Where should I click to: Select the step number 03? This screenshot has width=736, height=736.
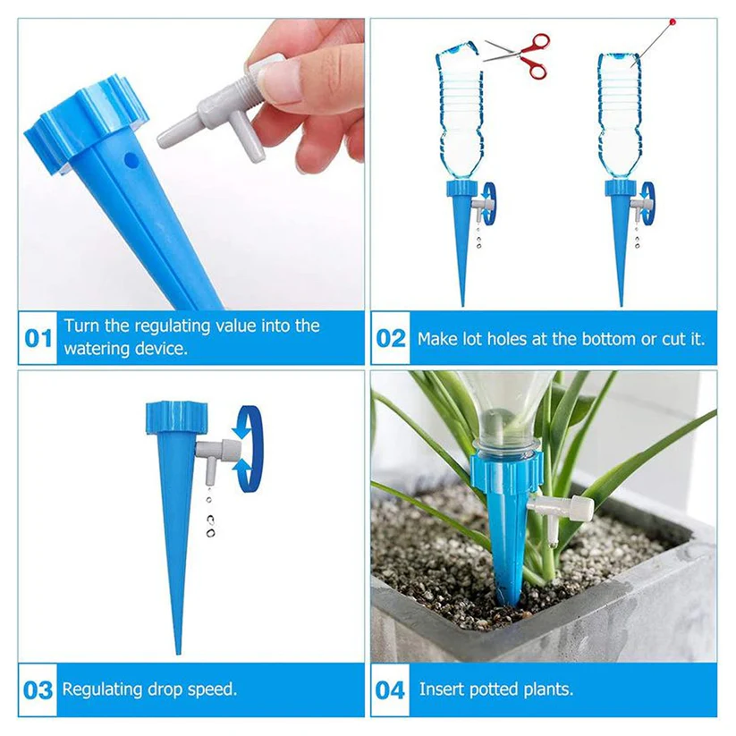tap(38, 690)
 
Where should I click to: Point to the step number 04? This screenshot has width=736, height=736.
tap(390, 690)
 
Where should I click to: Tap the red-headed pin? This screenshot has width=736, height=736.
tap(671, 21)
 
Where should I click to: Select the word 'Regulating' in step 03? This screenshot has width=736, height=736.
tap(103, 689)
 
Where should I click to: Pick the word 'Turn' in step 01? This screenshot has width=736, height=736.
tap(82, 326)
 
